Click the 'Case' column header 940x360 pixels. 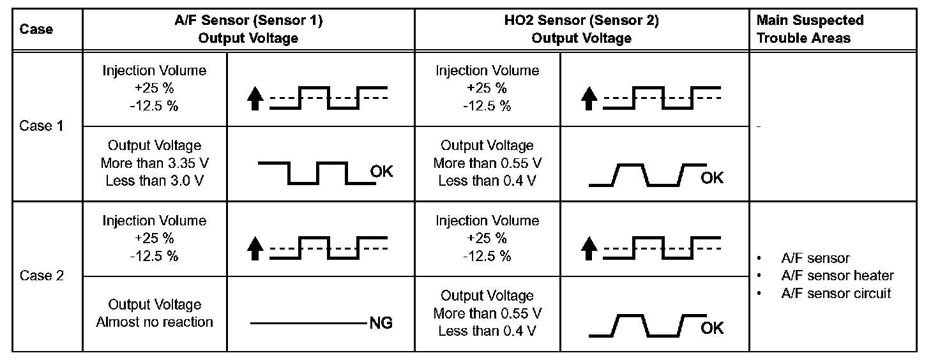click(x=36, y=29)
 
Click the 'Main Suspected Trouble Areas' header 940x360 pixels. click(x=809, y=29)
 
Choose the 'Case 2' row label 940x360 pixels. click(x=42, y=276)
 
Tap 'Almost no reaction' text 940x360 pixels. click(x=155, y=322)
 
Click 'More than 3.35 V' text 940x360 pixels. click(x=155, y=163)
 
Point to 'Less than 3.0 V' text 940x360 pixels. click(x=155, y=180)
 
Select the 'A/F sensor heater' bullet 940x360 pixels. click(x=837, y=276)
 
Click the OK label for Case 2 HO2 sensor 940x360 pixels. click(x=712, y=328)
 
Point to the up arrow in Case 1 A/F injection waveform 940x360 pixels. click(x=256, y=99)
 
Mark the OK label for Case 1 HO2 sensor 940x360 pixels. click(x=712, y=177)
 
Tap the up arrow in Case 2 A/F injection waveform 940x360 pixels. click(x=256, y=248)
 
